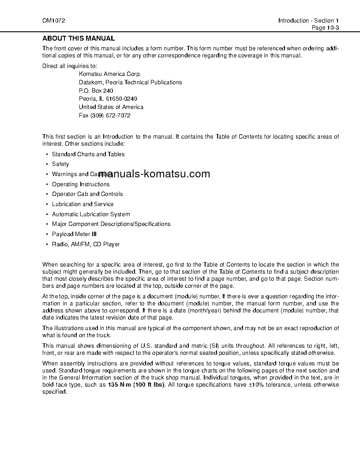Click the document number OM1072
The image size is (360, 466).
[x=51, y=21]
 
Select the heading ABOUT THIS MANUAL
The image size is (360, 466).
[x=79, y=38]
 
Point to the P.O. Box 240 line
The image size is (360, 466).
[x=96, y=90]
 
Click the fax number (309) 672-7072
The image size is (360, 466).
[x=110, y=116]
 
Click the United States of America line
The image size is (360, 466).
[x=111, y=107]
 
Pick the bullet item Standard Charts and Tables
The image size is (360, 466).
[x=88, y=154]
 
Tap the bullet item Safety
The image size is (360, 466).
[x=60, y=164]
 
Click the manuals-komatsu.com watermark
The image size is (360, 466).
[x=154, y=174]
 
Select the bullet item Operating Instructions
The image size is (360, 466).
[x=81, y=184]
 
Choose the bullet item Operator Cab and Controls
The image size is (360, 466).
[x=87, y=194]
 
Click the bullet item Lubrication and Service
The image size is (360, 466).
[x=82, y=204]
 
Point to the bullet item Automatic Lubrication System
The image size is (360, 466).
[x=91, y=214]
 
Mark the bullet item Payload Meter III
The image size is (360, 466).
[x=74, y=234]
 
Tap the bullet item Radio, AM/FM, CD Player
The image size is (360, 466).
[x=86, y=244]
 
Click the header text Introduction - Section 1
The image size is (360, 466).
[x=308, y=21]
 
